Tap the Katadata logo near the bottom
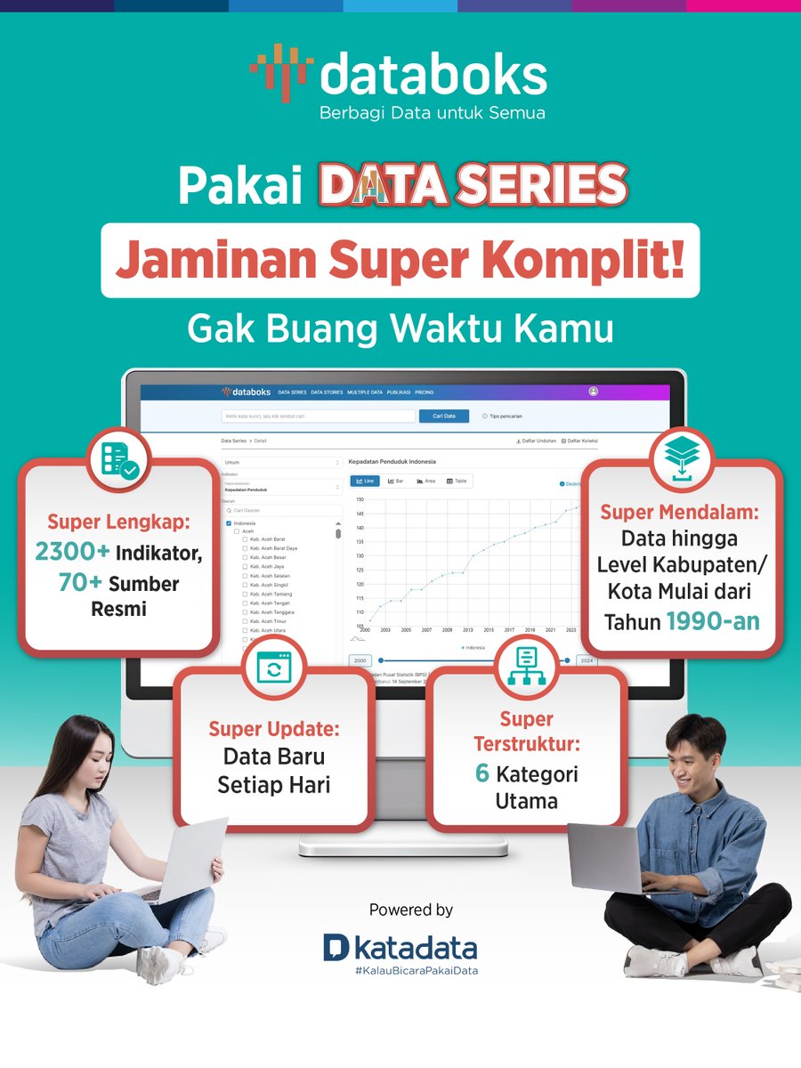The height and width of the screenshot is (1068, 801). point(400,948)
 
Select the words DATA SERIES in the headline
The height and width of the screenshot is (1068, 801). point(473,185)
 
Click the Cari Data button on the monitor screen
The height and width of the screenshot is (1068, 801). point(444,416)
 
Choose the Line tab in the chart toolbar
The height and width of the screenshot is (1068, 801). point(366,481)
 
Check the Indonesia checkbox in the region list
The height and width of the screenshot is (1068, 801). point(229,523)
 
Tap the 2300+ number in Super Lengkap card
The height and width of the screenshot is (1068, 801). point(73,552)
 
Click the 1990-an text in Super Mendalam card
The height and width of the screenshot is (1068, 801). point(713,621)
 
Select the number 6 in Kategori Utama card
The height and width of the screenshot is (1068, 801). point(482,773)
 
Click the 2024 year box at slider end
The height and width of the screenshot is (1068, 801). point(586,661)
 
